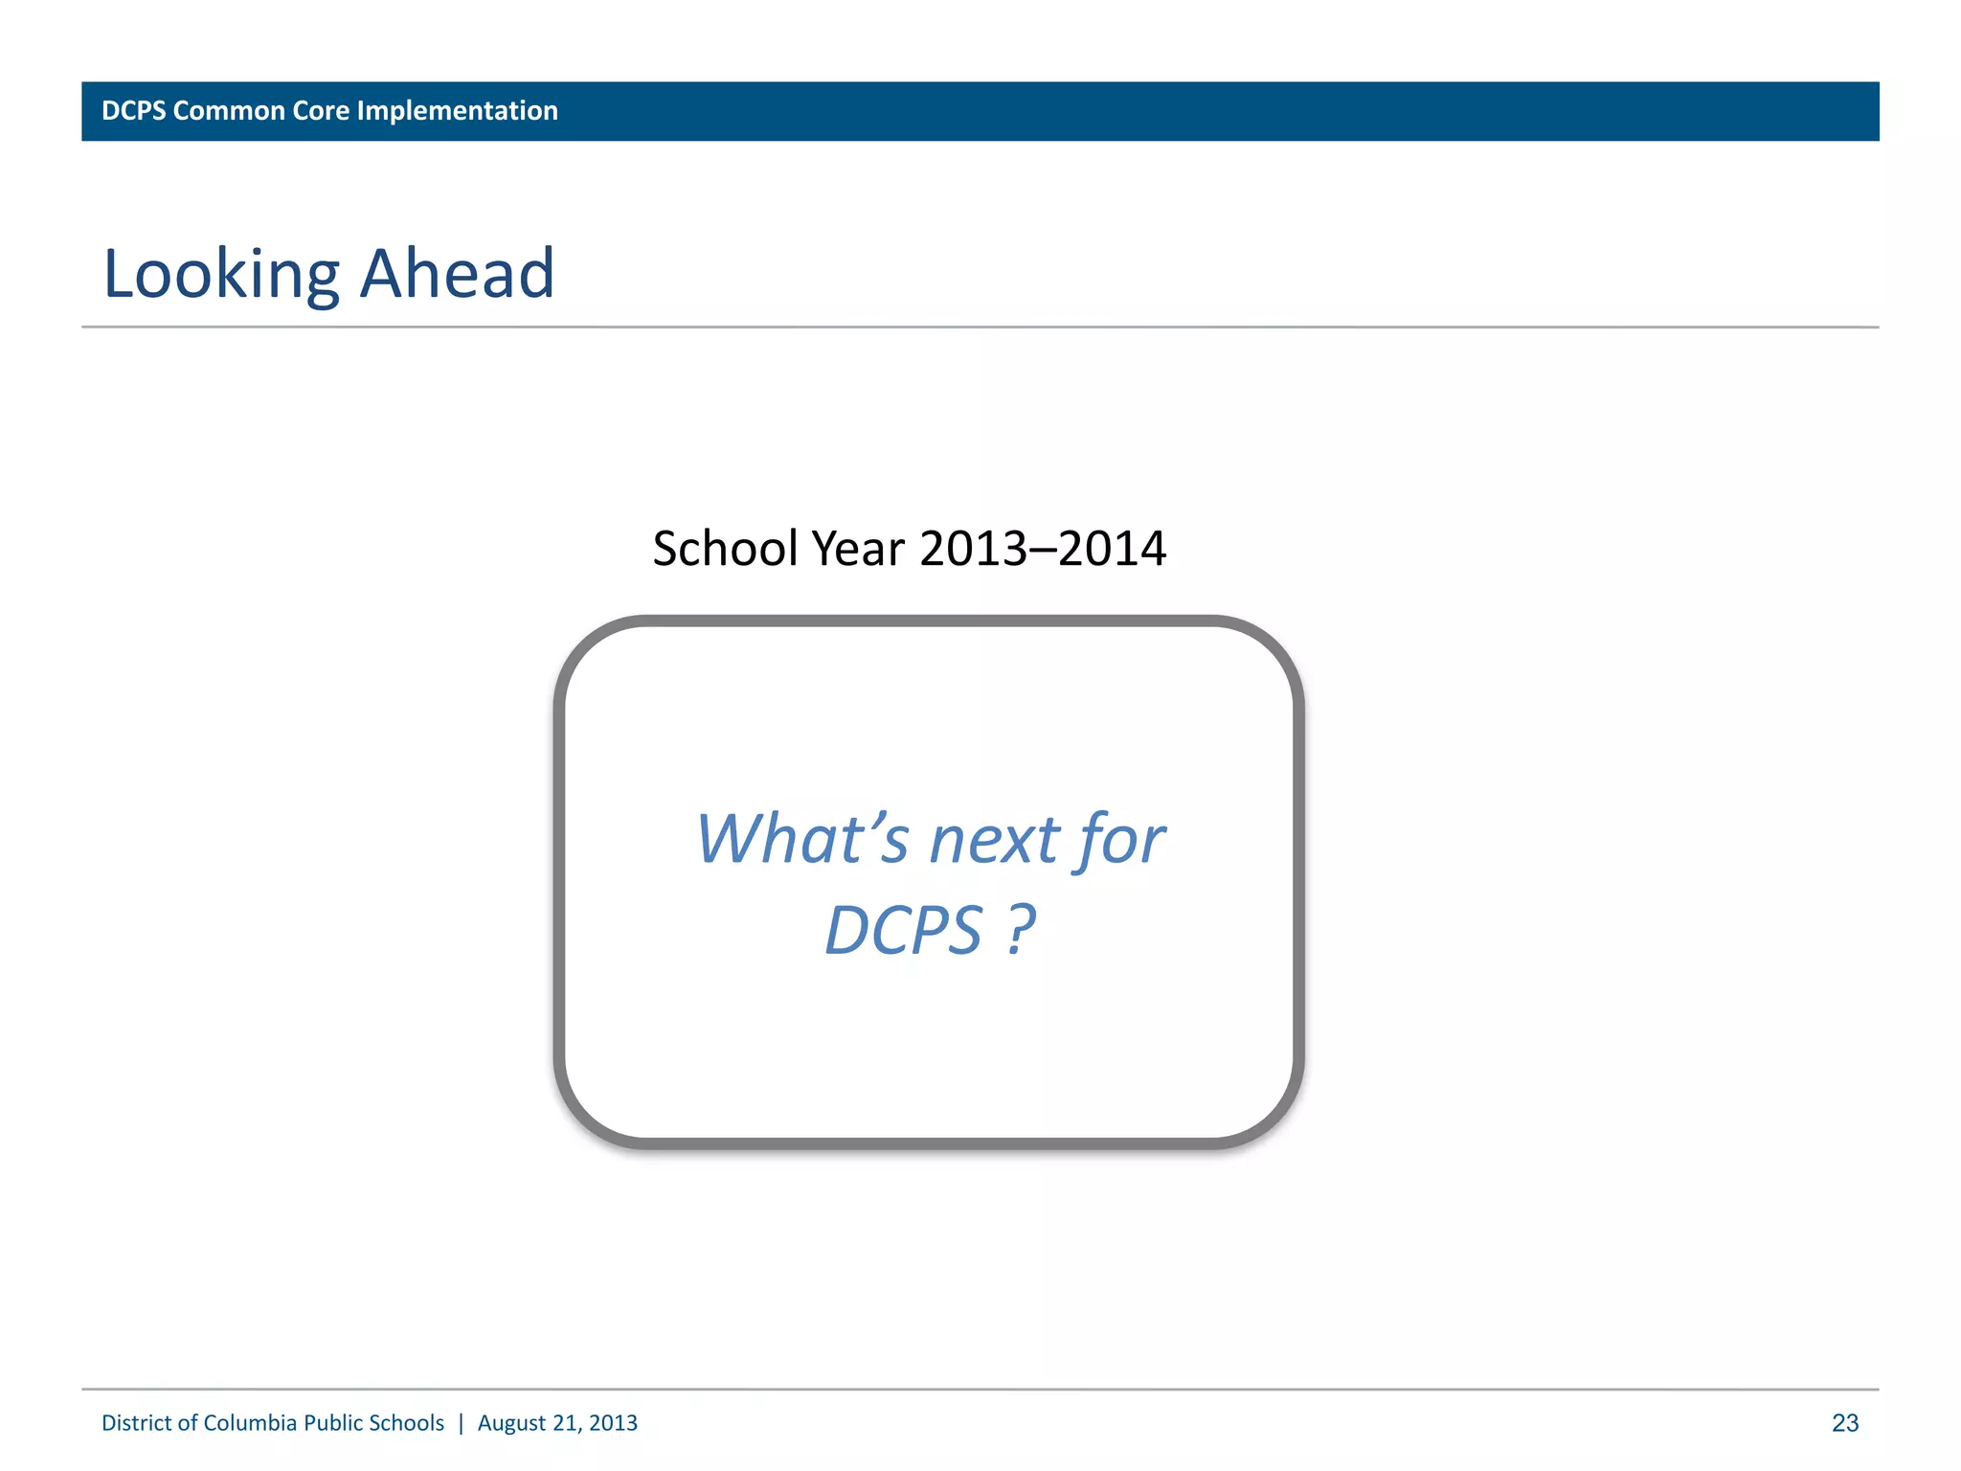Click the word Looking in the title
point(221,275)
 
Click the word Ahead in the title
point(458,274)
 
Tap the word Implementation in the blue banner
point(457,111)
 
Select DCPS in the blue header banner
point(134,111)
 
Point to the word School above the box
point(725,549)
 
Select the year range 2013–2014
point(1043,549)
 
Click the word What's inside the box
point(801,839)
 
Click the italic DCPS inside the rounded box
point(904,931)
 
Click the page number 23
point(1844,1423)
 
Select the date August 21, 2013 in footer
point(557,1423)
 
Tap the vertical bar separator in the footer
point(461,1423)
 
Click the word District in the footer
point(137,1423)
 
